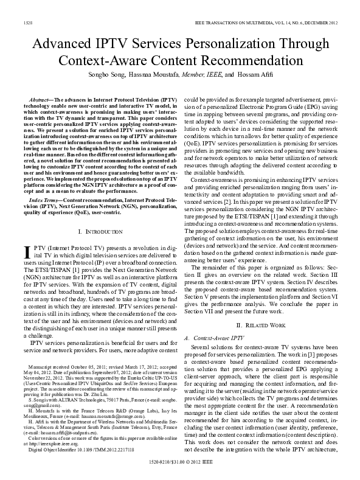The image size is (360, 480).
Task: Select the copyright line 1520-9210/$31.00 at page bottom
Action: (x=179, y=463)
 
